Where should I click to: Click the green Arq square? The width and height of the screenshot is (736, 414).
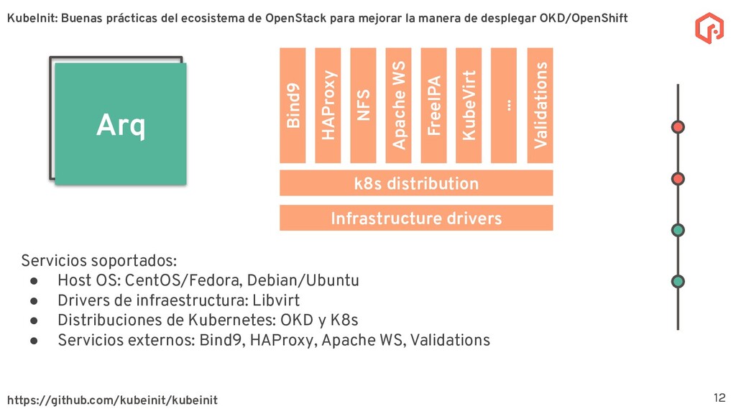point(120,124)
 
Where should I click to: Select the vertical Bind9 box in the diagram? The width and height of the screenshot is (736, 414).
point(293,105)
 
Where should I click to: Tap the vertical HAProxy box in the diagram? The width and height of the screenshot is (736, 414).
point(328,105)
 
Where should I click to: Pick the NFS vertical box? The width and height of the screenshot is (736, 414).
point(363,105)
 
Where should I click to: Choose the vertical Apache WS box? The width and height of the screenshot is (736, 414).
point(398,105)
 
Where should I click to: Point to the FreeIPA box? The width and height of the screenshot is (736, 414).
point(433,105)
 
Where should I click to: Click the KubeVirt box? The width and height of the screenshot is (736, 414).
point(469,105)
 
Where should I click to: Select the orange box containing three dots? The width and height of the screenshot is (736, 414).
point(504,105)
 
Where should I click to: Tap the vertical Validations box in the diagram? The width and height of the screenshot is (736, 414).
point(540,105)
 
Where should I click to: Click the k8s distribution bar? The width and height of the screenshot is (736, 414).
point(416,183)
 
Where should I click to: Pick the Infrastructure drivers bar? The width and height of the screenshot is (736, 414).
point(416,218)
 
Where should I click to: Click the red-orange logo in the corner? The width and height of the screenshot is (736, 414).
point(709,27)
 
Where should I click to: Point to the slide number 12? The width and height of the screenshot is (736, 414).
point(719,397)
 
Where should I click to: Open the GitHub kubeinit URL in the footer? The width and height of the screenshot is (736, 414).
point(112,400)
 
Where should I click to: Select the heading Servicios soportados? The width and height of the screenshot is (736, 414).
point(98,260)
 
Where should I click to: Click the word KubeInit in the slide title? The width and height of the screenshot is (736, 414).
point(32,18)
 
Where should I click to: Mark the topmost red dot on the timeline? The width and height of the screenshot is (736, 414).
point(677,127)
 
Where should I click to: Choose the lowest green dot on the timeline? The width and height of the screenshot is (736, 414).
point(677,282)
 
